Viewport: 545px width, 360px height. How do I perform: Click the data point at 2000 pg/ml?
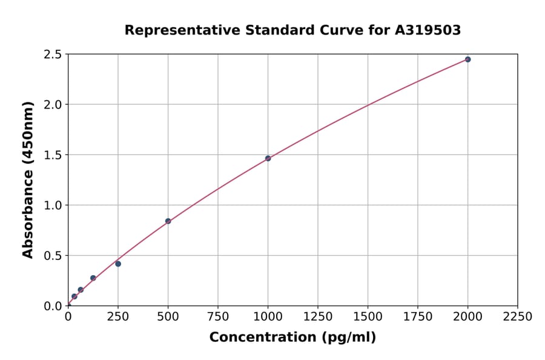(x=467, y=59)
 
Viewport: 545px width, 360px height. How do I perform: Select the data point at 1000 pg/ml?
(x=268, y=158)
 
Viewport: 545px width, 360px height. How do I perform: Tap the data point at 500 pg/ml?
(x=168, y=221)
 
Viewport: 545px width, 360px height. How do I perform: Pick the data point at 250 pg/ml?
(x=118, y=264)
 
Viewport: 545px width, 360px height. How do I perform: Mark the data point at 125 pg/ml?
(x=93, y=278)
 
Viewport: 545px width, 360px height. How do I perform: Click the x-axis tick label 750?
(x=218, y=316)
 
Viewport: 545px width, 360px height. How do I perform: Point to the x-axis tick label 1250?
(x=318, y=316)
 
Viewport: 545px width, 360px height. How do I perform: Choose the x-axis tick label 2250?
(x=517, y=316)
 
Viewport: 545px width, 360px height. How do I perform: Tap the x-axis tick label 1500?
(x=368, y=316)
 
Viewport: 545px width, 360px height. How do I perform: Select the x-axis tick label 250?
(x=118, y=316)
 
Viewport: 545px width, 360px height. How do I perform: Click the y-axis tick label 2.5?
(x=53, y=55)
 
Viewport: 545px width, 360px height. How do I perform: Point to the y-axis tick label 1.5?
(x=53, y=155)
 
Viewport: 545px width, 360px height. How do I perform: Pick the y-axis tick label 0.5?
(x=53, y=256)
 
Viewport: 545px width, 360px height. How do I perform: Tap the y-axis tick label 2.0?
(x=53, y=105)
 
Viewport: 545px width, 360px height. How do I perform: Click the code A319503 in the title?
(x=428, y=30)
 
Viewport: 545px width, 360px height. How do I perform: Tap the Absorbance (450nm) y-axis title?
(x=28, y=179)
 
